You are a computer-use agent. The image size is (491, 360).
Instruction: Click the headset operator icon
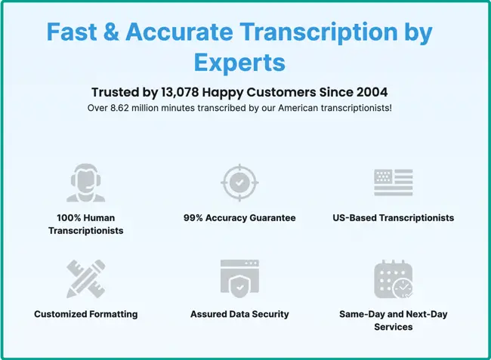click(86, 183)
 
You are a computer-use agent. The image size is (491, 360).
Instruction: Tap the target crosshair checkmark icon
click(239, 183)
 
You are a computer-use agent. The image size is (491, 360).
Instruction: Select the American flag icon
click(394, 183)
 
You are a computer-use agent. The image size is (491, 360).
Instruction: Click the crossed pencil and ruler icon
click(86, 278)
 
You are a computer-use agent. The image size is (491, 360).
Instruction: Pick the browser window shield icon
click(239, 278)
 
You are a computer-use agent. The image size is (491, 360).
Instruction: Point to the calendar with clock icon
click(394, 278)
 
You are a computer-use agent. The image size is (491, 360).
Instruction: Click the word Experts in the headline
click(239, 63)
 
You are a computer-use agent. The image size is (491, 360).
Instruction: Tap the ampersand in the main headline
click(111, 32)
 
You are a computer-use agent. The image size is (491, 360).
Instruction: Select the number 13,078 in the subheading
click(180, 92)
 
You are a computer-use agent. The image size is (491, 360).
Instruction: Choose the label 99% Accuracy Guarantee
click(239, 217)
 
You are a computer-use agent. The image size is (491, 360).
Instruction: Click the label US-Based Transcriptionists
click(394, 217)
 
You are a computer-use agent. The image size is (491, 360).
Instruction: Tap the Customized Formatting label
click(86, 314)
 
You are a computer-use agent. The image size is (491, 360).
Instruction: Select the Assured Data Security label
click(239, 314)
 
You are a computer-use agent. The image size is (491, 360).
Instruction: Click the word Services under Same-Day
click(394, 327)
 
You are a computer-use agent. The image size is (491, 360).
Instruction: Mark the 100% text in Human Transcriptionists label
click(68, 217)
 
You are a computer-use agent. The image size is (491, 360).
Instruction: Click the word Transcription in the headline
click(319, 32)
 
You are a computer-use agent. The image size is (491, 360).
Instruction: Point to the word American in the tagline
click(298, 108)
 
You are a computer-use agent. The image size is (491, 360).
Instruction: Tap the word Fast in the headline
click(72, 32)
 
